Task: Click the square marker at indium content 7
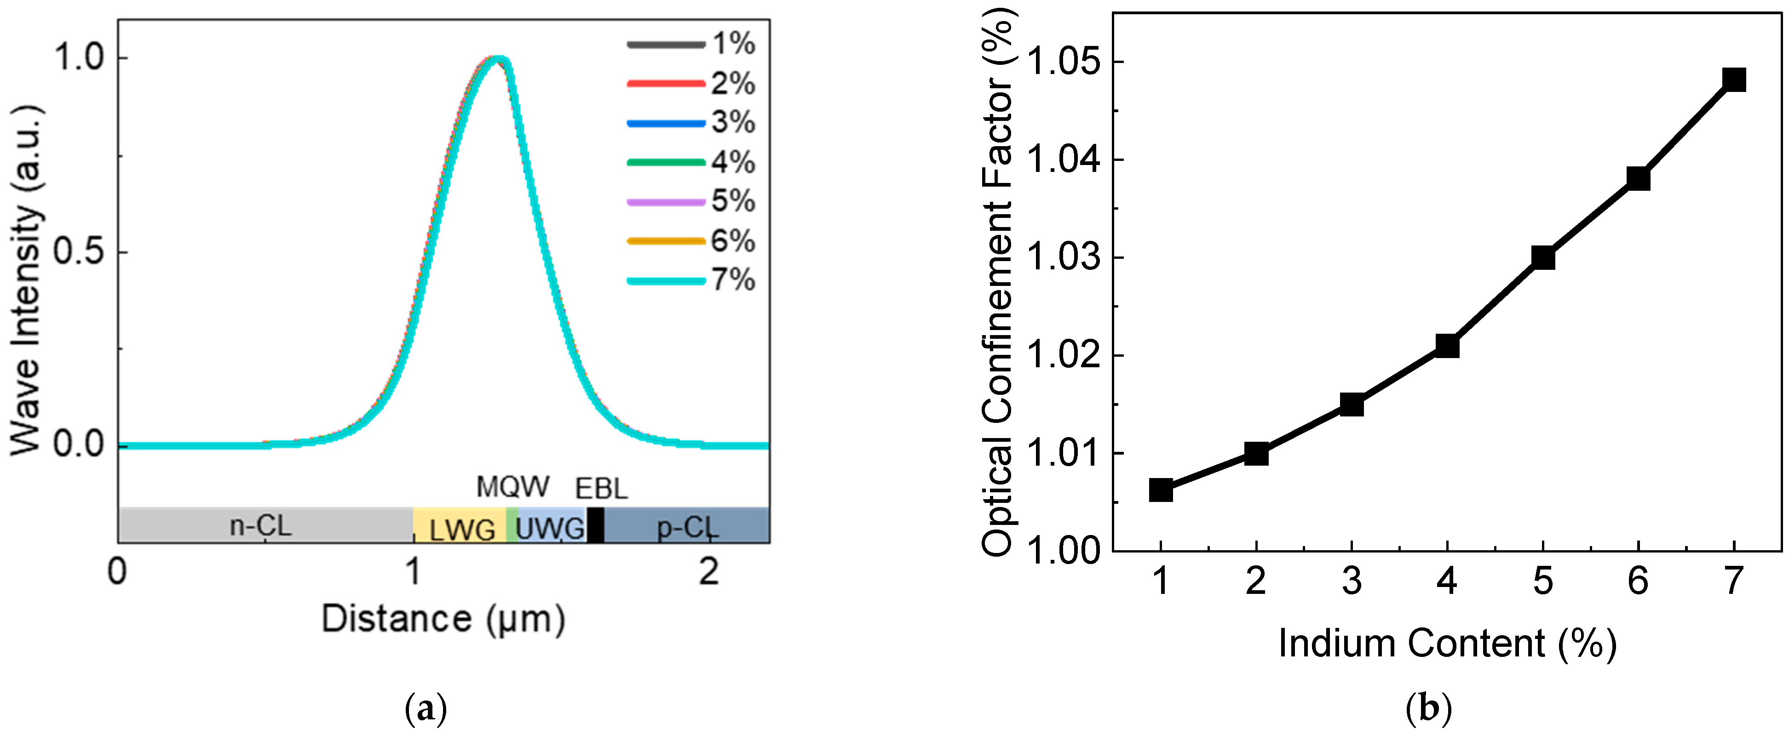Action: (x=1734, y=80)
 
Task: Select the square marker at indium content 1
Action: (x=1161, y=490)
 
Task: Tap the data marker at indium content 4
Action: (x=1447, y=345)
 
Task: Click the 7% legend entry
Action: (x=691, y=280)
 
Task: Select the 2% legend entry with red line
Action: (x=691, y=83)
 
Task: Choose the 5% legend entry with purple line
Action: (x=691, y=202)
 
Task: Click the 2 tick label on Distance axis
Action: (x=708, y=573)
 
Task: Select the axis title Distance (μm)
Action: (x=443, y=618)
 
